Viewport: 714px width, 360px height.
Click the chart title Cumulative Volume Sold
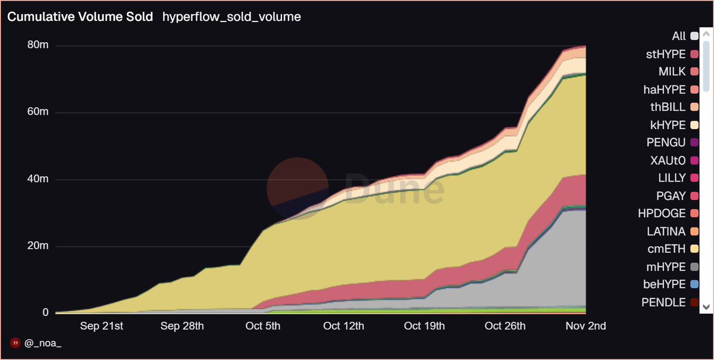pos(80,17)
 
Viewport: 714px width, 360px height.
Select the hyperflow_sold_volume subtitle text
pos(231,17)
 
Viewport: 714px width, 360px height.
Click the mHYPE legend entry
pos(668,267)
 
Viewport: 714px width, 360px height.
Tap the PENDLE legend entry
pos(663,302)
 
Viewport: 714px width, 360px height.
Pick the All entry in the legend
pos(678,37)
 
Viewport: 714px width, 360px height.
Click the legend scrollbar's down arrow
pos(706,306)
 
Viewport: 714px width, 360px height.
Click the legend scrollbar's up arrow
pos(706,35)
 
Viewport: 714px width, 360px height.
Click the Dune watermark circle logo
pos(297,188)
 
